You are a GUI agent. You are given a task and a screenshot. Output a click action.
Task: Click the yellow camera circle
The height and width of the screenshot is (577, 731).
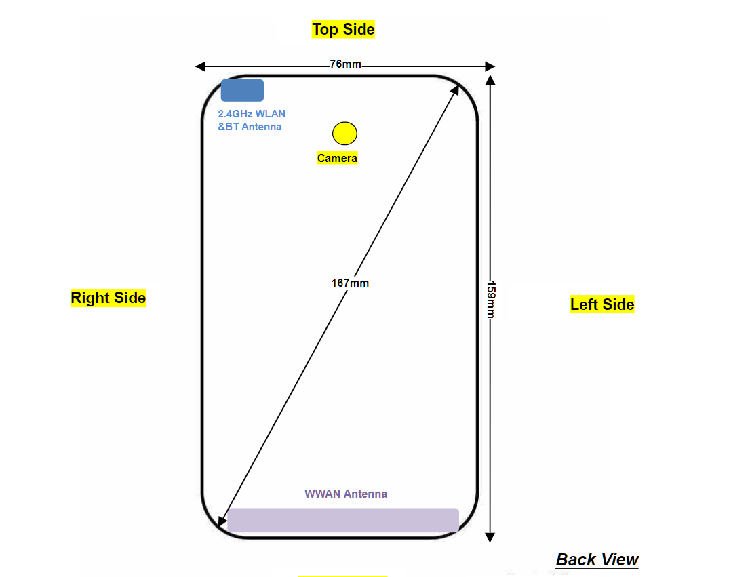[344, 134]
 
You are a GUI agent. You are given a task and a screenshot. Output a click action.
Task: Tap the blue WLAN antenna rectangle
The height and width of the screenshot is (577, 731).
[242, 90]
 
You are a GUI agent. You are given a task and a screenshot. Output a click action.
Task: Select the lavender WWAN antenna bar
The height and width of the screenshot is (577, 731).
[343, 520]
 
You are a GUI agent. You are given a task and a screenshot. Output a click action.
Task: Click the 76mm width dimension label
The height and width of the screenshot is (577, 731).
[345, 64]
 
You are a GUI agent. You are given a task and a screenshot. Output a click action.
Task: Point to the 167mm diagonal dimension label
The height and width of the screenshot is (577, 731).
[350, 283]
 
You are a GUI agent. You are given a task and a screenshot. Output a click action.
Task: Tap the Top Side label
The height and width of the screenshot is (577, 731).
[343, 29]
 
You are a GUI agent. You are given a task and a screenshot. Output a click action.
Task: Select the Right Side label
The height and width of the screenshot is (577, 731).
[108, 298]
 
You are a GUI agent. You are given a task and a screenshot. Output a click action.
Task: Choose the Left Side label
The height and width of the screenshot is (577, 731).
[602, 304]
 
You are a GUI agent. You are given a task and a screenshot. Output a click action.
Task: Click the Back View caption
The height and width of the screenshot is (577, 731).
[597, 559]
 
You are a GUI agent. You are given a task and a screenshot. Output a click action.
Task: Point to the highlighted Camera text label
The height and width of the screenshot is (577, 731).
[337, 159]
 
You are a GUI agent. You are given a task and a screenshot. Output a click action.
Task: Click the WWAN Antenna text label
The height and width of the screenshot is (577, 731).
[346, 494]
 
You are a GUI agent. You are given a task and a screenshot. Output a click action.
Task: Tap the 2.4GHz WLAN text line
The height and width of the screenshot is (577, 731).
[252, 114]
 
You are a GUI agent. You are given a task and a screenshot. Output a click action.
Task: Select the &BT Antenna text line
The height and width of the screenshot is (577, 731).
[250, 127]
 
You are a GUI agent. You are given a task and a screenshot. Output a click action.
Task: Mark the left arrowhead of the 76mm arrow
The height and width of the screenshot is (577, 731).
[199, 66]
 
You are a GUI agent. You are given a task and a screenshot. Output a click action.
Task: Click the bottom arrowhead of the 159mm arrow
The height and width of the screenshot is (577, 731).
[491, 538]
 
